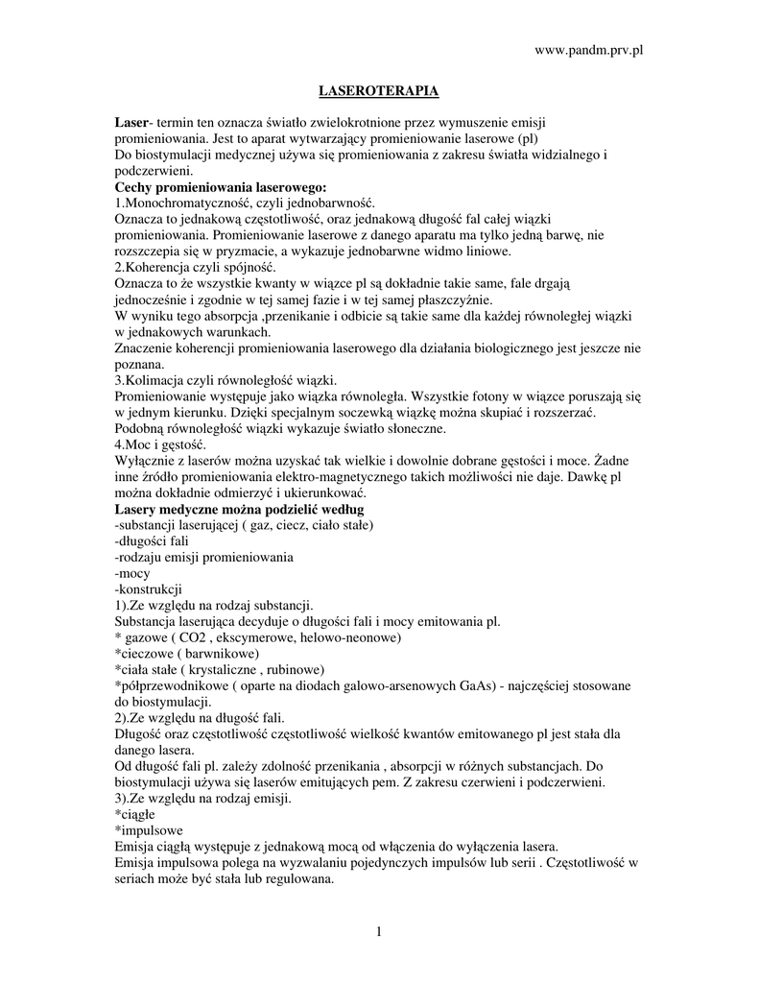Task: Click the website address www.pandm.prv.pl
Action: click(587, 50)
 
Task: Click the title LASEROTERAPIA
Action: click(379, 91)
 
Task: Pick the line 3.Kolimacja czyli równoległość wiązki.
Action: click(225, 379)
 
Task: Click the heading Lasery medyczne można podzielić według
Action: click(239, 508)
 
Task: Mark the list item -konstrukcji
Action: click(148, 588)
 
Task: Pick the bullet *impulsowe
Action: click(148, 829)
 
